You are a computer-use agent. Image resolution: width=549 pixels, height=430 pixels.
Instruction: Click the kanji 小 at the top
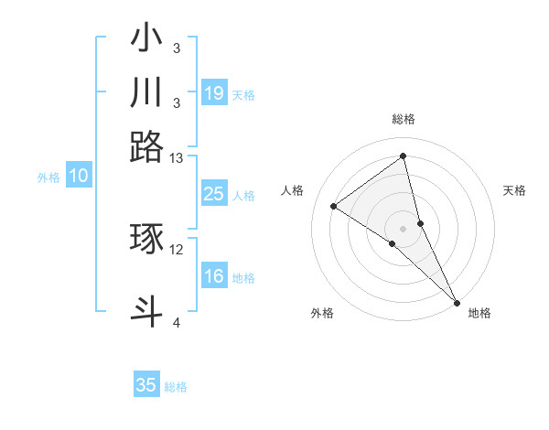(146, 40)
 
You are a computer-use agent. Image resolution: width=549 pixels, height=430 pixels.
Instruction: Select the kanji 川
(146, 93)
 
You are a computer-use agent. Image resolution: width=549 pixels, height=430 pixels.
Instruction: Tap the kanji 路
(146, 146)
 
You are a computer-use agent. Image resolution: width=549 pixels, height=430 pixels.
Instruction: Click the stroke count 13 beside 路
(177, 158)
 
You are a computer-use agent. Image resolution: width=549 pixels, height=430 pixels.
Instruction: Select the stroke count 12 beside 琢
(177, 249)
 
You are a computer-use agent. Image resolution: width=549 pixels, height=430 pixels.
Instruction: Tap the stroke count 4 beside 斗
(177, 322)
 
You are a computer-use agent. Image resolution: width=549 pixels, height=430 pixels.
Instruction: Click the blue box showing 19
(213, 93)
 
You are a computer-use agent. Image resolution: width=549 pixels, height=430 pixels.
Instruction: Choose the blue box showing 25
(213, 194)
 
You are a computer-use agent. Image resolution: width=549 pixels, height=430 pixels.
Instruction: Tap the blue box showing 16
(213, 277)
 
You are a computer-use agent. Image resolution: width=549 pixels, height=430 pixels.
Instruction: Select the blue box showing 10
(79, 177)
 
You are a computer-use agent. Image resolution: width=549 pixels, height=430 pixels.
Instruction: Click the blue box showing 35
(146, 385)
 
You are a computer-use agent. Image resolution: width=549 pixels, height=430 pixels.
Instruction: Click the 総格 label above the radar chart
(404, 119)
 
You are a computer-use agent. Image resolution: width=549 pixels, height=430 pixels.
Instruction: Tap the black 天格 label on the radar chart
(514, 190)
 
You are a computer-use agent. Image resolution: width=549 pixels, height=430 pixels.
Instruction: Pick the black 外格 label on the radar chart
(322, 313)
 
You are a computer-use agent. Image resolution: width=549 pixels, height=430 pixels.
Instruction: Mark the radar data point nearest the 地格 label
(456, 302)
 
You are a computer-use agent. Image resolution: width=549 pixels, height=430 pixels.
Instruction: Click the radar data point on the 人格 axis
(334, 206)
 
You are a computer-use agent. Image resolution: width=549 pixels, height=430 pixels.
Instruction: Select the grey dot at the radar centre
(404, 228)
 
